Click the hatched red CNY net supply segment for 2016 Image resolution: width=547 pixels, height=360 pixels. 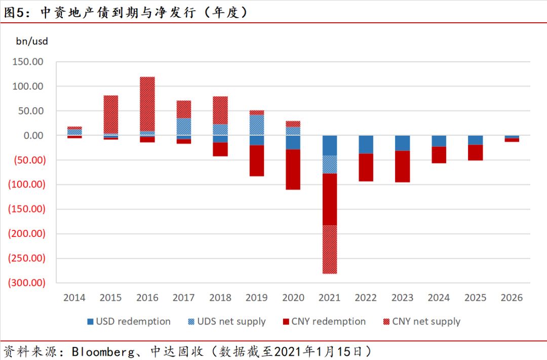[x=147, y=104]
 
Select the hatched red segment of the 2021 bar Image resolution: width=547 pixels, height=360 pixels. [x=330, y=249]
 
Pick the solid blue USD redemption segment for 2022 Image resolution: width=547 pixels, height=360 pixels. [x=366, y=144]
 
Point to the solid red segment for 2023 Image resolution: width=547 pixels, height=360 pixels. [x=403, y=166]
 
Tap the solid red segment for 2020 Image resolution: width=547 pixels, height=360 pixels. [x=293, y=170]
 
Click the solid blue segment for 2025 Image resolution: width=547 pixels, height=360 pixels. [x=476, y=140]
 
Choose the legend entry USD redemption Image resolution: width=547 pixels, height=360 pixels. [x=129, y=322]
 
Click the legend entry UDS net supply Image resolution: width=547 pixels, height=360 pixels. [x=226, y=322]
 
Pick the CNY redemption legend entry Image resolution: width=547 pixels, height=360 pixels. [x=324, y=322]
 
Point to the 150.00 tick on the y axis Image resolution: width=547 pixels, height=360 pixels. [x=28, y=62]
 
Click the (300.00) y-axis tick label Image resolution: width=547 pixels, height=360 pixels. [x=26, y=283]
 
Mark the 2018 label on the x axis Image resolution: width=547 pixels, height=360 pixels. [x=220, y=298]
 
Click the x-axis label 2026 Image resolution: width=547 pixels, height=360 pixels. [x=512, y=298]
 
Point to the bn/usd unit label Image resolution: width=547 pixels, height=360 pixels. [x=32, y=42]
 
